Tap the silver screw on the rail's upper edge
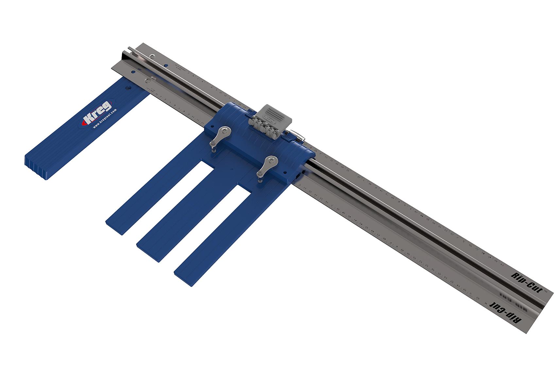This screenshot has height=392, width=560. pyautogui.click(x=152, y=57)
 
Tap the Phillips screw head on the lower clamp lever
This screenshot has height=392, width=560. pyautogui.click(x=272, y=160)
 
